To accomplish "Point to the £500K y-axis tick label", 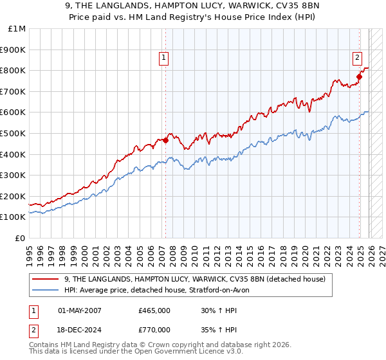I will tap(14, 133).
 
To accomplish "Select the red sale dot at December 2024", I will tap(360, 76).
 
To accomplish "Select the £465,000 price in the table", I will tap(154, 310).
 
